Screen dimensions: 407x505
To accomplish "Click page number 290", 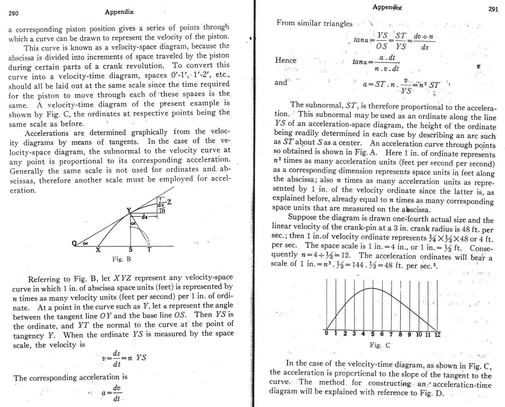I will (x=14, y=13).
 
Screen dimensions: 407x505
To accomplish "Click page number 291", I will (x=493, y=9).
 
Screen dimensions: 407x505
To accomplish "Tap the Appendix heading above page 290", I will (x=119, y=12).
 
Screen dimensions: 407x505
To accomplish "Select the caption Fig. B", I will (x=121, y=259).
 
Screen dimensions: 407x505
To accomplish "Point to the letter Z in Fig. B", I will (x=169, y=202).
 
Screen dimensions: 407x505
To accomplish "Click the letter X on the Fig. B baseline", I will (x=98, y=250).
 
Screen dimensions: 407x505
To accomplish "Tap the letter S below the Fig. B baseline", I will (x=131, y=250).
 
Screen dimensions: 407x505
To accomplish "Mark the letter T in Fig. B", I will (x=149, y=250).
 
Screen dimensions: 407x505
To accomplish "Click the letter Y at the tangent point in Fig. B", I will (x=129, y=210).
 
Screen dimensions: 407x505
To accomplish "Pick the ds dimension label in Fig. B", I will (x=144, y=217).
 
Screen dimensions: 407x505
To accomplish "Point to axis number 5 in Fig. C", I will (x=373, y=334).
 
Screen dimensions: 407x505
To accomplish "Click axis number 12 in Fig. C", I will (x=437, y=335).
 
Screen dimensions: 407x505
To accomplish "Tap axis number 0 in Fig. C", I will (x=326, y=333).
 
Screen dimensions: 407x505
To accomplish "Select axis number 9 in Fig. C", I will (x=409, y=334).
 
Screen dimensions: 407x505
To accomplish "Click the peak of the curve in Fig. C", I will (x=372, y=288).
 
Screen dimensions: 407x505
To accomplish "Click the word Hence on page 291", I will (x=286, y=60).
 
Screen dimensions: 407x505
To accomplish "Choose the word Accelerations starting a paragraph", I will (x=47, y=133).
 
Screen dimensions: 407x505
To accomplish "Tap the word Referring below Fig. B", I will (x=45, y=279).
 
